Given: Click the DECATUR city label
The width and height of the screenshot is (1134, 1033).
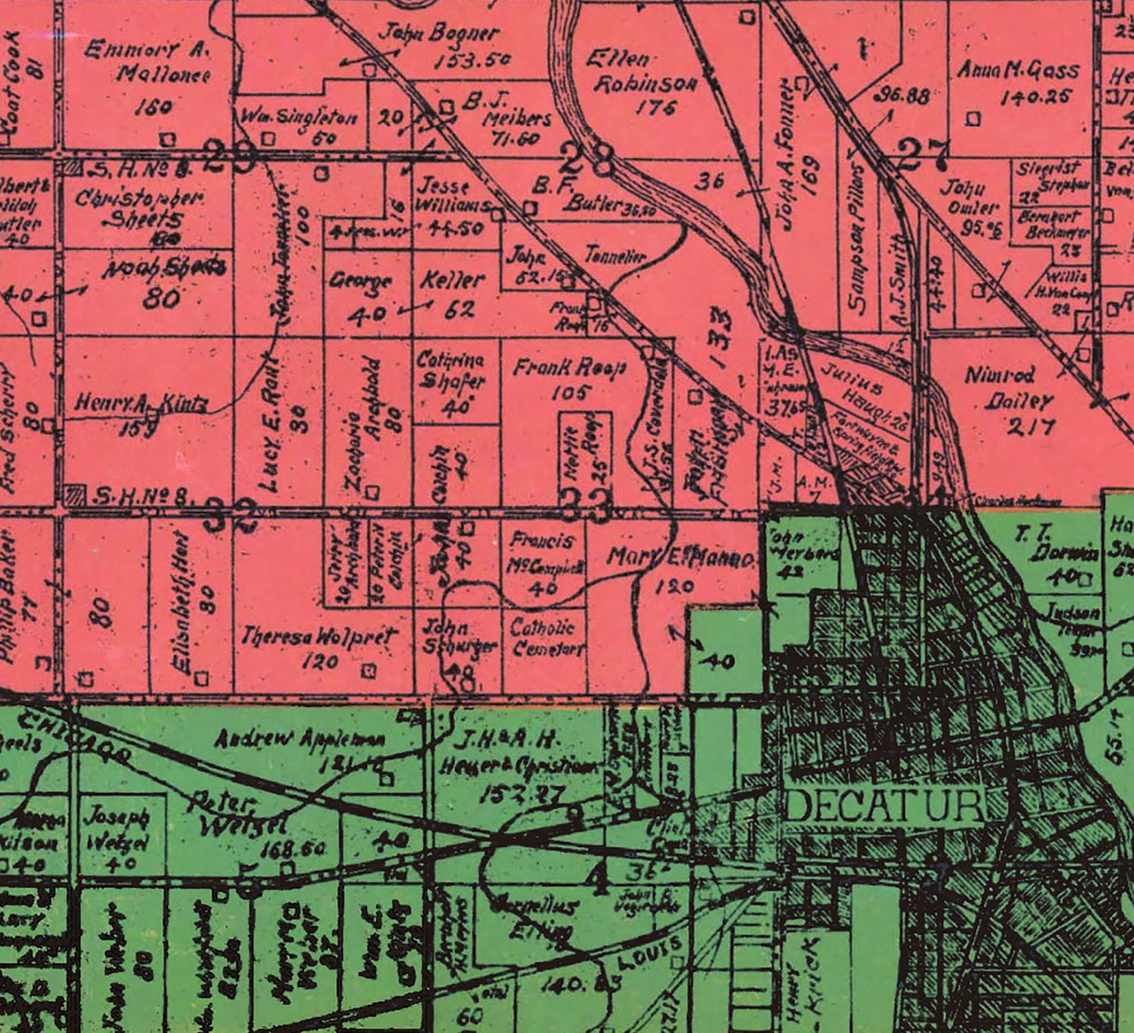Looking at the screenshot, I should click(884, 805).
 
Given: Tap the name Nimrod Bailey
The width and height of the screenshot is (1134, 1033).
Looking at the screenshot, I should click(999, 388).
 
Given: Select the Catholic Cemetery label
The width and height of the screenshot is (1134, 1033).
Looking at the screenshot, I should click(547, 637).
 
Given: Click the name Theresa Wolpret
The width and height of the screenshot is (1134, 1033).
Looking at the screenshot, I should click(319, 637).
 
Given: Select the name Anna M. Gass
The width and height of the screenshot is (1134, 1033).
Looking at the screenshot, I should click(1018, 71).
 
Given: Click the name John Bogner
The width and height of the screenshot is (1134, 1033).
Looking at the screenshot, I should click(438, 34).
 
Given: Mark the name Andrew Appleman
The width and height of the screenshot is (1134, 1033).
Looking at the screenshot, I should click(301, 740).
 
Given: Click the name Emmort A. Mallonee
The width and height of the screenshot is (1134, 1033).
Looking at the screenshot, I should click(148, 61).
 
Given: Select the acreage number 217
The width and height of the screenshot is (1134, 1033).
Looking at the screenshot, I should click(1031, 427).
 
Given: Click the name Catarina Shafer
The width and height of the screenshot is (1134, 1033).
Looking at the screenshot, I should click(450, 371).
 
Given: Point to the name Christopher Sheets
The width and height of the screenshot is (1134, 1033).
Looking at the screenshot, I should click(140, 207).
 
